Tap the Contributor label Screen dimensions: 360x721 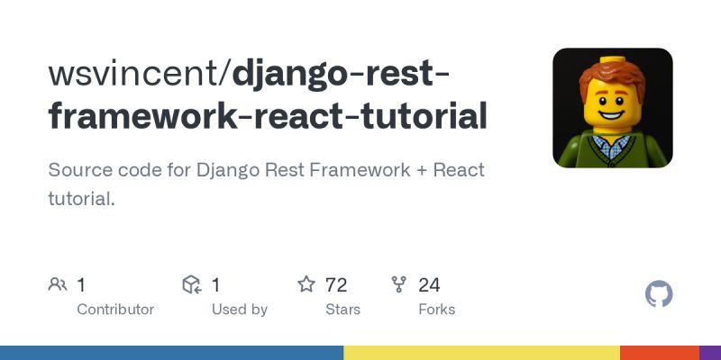pyautogui.click(x=115, y=310)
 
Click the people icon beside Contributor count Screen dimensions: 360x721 pyautogui.click(x=58, y=285)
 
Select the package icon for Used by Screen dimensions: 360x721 pyautogui.click(x=192, y=285)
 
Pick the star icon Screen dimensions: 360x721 pyautogui.click(x=306, y=285)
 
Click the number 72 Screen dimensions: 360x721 pyautogui.click(x=336, y=285)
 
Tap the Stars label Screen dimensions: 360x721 pyautogui.click(x=342, y=310)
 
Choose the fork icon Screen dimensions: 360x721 pyautogui.click(x=399, y=285)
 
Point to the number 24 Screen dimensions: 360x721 pyautogui.click(x=429, y=285)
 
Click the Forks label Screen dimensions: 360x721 pyautogui.click(x=437, y=310)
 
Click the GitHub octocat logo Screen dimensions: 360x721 pyautogui.click(x=660, y=294)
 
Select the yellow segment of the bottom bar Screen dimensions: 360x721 pyautogui.click(x=481, y=353)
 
